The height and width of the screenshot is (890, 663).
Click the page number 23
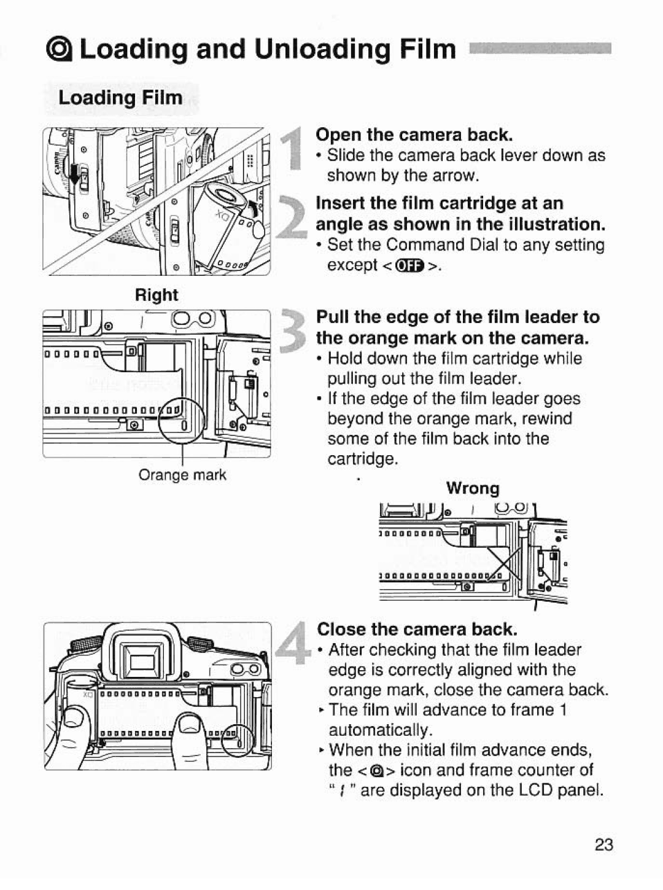(603, 845)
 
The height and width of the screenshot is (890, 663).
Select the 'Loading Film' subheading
(120, 98)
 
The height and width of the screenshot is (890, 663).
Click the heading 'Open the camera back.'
(414, 135)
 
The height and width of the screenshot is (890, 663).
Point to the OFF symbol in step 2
(411, 265)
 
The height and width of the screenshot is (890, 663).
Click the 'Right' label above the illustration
(157, 295)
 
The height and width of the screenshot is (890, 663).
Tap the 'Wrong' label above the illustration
(473, 488)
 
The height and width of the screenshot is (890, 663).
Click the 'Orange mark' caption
(182, 475)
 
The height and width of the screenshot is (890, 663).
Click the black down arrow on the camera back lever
(76, 176)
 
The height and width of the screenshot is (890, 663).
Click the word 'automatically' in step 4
(380, 730)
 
